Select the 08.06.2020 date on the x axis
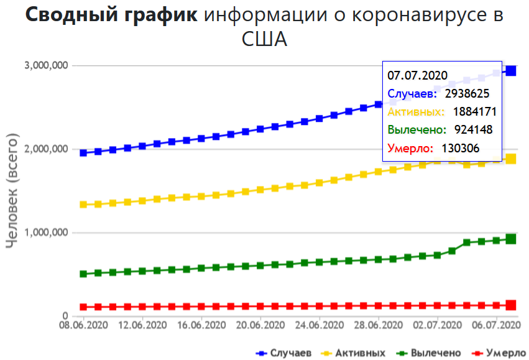(x=81, y=325)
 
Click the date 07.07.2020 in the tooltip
(x=418, y=75)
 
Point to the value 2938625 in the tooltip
(x=467, y=94)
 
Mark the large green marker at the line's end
(x=511, y=239)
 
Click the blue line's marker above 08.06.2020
(x=83, y=152)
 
